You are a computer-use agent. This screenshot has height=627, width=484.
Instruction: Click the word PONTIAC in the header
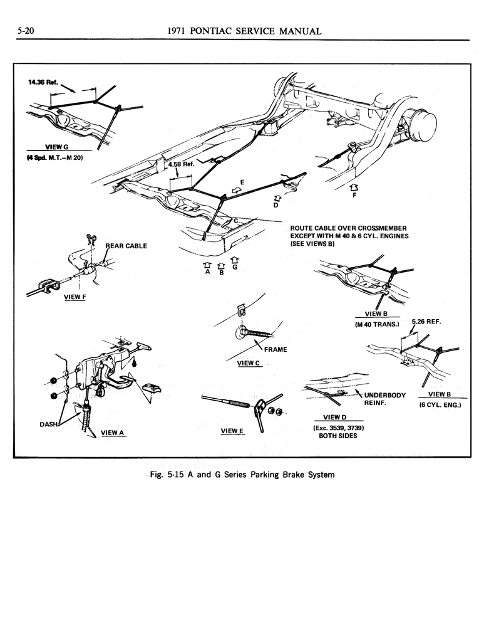(222, 31)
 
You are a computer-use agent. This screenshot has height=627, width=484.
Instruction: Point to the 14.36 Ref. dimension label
(43, 82)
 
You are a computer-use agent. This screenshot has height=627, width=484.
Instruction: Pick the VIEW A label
(113, 432)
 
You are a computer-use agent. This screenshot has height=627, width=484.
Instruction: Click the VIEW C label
(249, 362)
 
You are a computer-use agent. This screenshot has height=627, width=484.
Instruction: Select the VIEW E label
(233, 431)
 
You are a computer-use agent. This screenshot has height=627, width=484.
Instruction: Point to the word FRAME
(275, 349)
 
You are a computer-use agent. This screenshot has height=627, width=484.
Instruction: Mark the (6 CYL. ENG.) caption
(440, 405)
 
